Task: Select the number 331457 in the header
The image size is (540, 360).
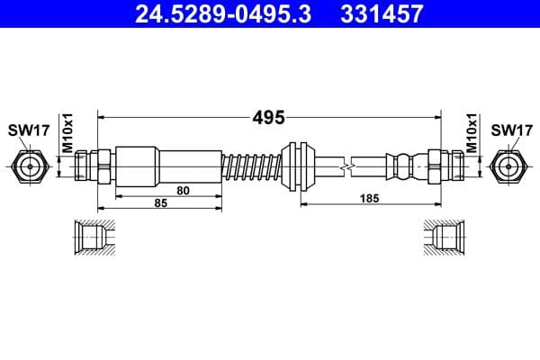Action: [379, 13]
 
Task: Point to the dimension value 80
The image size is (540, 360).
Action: [183, 190]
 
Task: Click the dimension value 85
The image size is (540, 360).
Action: [161, 203]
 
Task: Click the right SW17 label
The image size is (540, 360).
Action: [511, 130]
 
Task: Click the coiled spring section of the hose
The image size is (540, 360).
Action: [252, 166]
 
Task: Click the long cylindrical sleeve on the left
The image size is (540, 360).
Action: [168, 165]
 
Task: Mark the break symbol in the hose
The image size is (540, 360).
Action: [346, 166]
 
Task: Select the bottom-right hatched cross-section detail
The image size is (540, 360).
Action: [444, 238]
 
